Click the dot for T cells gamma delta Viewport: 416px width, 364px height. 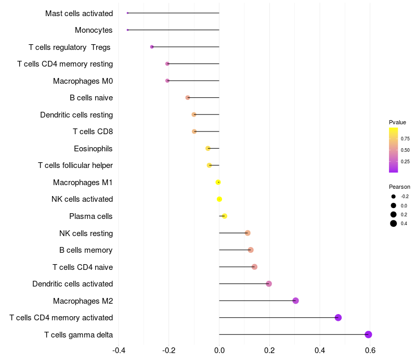click(x=368, y=334)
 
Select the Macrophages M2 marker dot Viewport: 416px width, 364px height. click(x=295, y=301)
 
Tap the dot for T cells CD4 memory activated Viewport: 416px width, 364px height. click(x=338, y=318)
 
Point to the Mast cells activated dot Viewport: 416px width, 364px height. click(x=127, y=13)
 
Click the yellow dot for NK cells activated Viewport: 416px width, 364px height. click(x=219, y=199)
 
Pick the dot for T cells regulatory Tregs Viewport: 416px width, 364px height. click(x=152, y=47)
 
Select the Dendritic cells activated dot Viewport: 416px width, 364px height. click(x=269, y=284)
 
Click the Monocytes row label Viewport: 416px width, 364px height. click(x=94, y=30)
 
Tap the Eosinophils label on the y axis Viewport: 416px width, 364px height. click(x=93, y=149)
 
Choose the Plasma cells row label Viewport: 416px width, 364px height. click(x=90, y=216)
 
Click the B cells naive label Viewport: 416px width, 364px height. click(x=91, y=98)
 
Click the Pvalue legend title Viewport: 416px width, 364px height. click(x=397, y=122)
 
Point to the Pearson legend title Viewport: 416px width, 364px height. click(x=399, y=187)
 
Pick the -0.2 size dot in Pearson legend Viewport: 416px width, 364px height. click(x=394, y=197)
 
